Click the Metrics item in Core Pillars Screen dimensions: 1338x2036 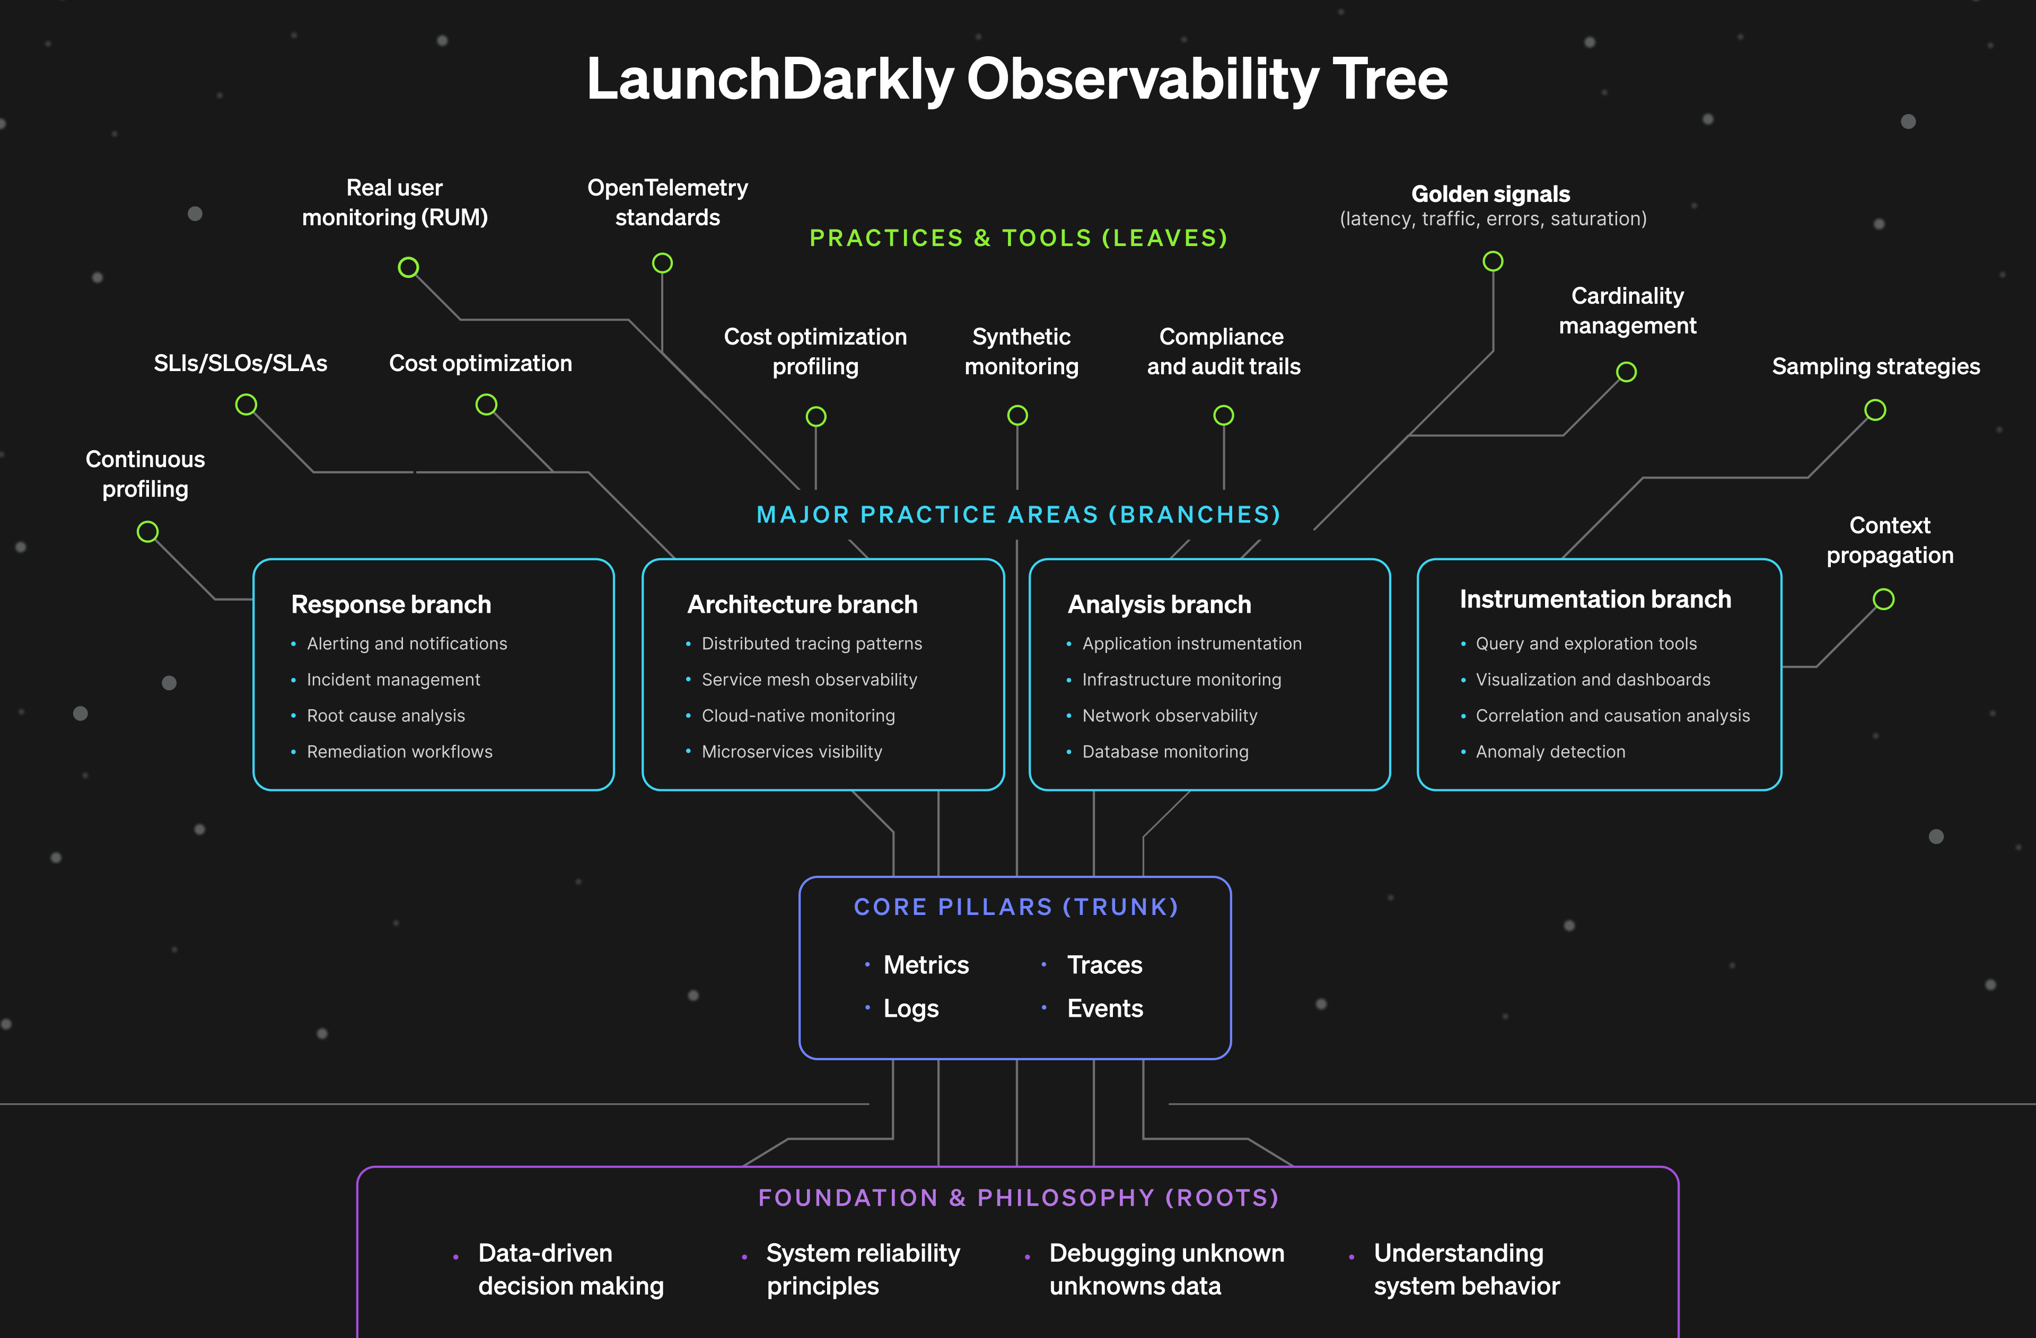tap(926, 965)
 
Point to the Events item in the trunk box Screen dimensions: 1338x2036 tap(1104, 1009)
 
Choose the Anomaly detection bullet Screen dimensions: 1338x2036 tap(1550, 752)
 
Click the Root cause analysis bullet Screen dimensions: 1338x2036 tap(386, 716)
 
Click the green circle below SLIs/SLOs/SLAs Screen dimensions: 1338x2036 tap(247, 404)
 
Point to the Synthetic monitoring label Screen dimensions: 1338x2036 tap(1021, 351)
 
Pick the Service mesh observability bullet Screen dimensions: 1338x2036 tap(809, 680)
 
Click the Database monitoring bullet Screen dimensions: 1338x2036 tap(1165, 752)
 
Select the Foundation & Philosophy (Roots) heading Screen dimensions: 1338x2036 tap(1018, 1198)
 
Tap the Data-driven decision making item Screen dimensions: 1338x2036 tap(571, 1270)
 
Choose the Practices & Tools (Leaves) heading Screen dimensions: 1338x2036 tap(1018, 238)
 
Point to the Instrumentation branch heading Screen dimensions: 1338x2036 tap(1594, 600)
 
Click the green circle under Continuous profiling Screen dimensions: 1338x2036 tap(148, 532)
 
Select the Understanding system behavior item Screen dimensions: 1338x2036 tap(1466, 1270)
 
